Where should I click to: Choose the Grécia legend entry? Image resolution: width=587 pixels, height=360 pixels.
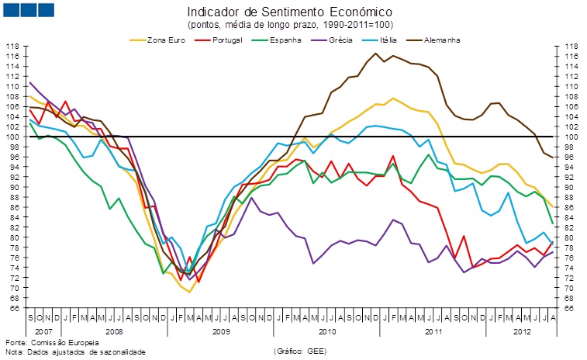[x=340, y=40]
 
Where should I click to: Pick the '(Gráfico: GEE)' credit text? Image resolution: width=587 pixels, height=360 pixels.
[x=299, y=351]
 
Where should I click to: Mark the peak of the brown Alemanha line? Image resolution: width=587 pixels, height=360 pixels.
[x=376, y=54]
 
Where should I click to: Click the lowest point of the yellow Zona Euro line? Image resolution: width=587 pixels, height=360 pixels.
[x=188, y=292]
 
